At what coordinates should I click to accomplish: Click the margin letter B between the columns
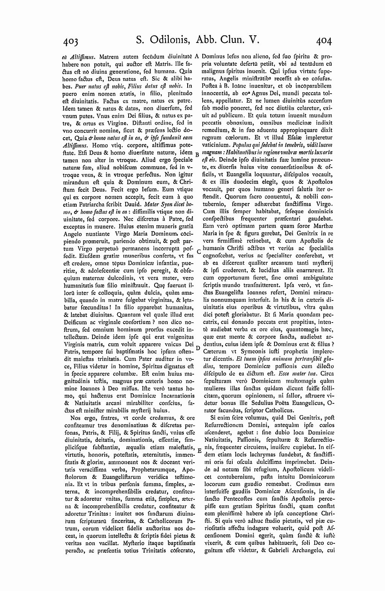point(197,154)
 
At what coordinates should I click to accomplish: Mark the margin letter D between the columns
point(198,349)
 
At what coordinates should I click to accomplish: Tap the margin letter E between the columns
point(199,450)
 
